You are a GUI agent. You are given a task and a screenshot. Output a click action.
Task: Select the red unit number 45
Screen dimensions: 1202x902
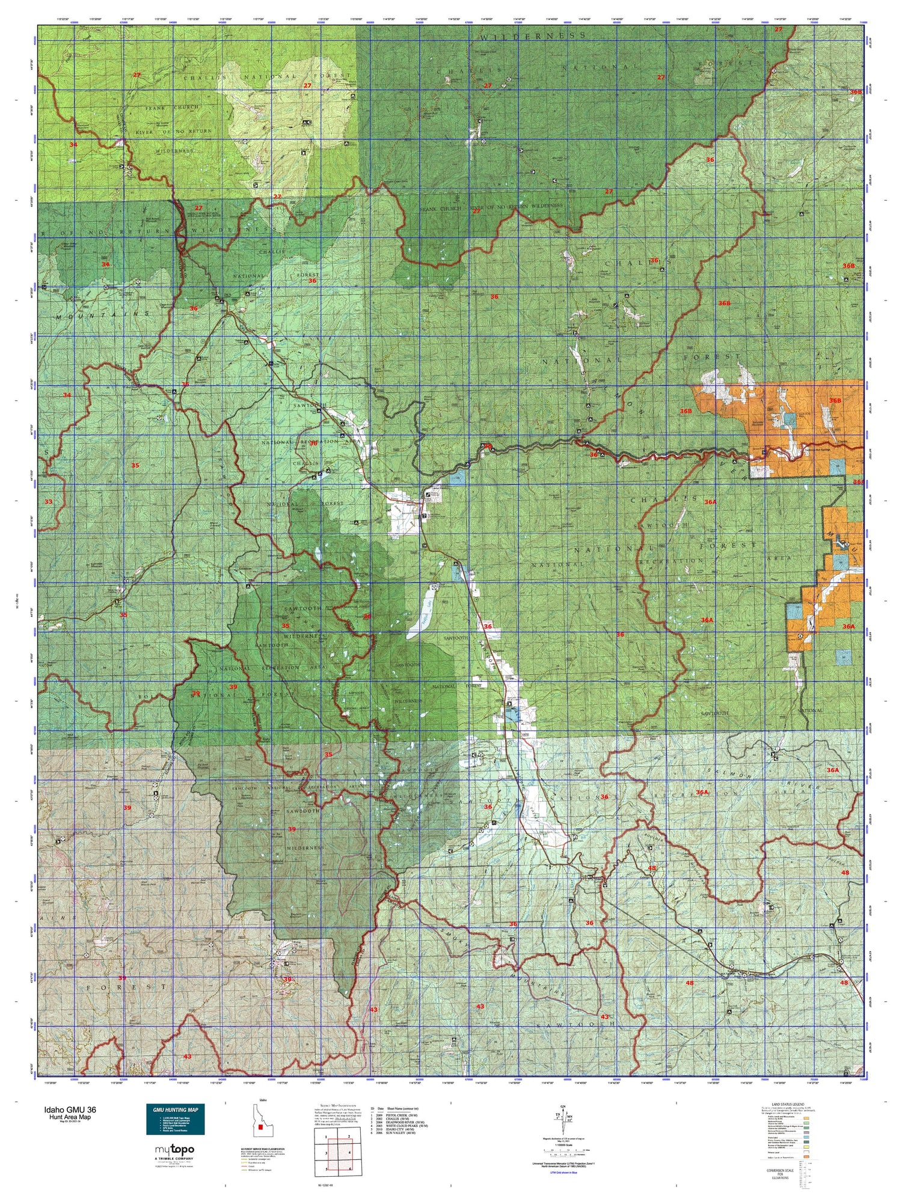pos(652,868)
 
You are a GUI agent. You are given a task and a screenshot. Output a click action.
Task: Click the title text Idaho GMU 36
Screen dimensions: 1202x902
pos(69,1110)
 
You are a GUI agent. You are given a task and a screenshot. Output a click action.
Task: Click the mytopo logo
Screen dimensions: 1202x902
pos(174,1150)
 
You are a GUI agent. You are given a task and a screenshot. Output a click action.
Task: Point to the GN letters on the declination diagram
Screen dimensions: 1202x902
pos(562,1107)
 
